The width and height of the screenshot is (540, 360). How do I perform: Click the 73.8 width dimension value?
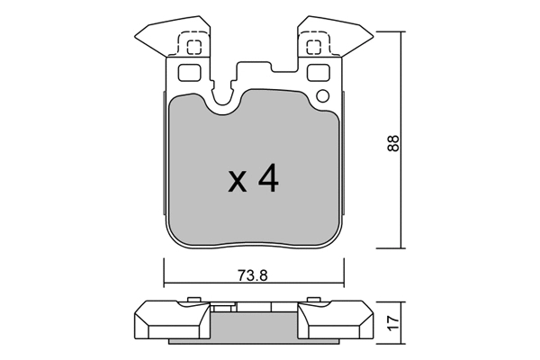(253, 276)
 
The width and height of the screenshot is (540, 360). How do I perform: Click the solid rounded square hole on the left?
(189, 73)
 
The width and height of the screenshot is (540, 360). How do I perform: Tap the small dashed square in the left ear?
(190, 48)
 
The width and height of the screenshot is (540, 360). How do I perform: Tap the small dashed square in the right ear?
(315, 48)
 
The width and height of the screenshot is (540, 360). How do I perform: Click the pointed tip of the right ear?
(369, 36)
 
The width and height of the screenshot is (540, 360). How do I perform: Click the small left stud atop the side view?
(193, 300)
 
